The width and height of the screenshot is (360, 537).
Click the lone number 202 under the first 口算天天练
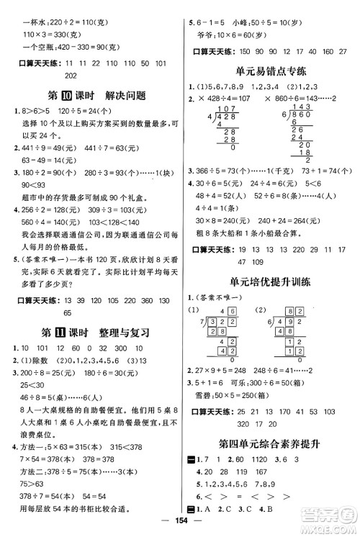tap(71, 76)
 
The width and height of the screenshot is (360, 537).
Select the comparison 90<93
tap(29, 186)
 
